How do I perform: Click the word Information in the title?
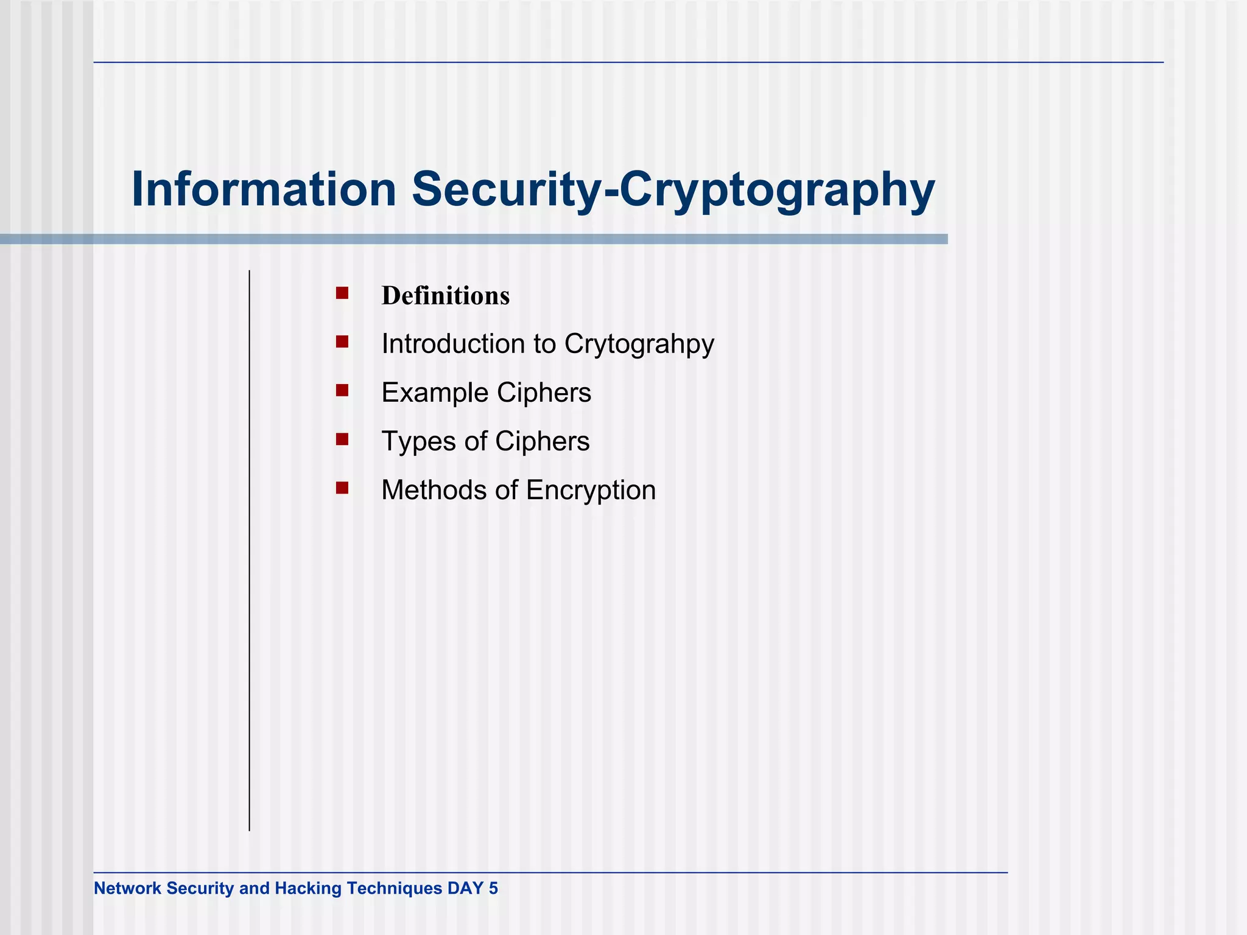tap(264, 189)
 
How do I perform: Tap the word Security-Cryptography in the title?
tap(673, 189)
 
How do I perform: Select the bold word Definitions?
tap(445, 296)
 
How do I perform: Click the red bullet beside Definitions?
tap(342, 293)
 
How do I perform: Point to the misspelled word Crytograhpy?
tap(639, 345)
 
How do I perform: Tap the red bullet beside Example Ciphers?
tap(342, 390)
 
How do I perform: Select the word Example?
tap(435, 393)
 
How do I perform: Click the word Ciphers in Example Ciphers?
tap(544, 393)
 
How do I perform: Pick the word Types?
tap(419, 442)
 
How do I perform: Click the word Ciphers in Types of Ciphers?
tap(542, 441)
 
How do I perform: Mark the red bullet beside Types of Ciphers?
tap(342, 439)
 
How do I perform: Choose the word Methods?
tap(433, 490)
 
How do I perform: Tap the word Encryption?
tap(591, 491)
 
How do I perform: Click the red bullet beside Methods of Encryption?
tap(342, 488)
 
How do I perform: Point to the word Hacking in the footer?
tap(307, 888)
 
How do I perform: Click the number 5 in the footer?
tap(493, 888)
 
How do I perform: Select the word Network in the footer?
tap(127, 888)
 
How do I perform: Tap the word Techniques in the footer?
tap(395, 888)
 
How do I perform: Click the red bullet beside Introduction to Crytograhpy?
tap(342, 341)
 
